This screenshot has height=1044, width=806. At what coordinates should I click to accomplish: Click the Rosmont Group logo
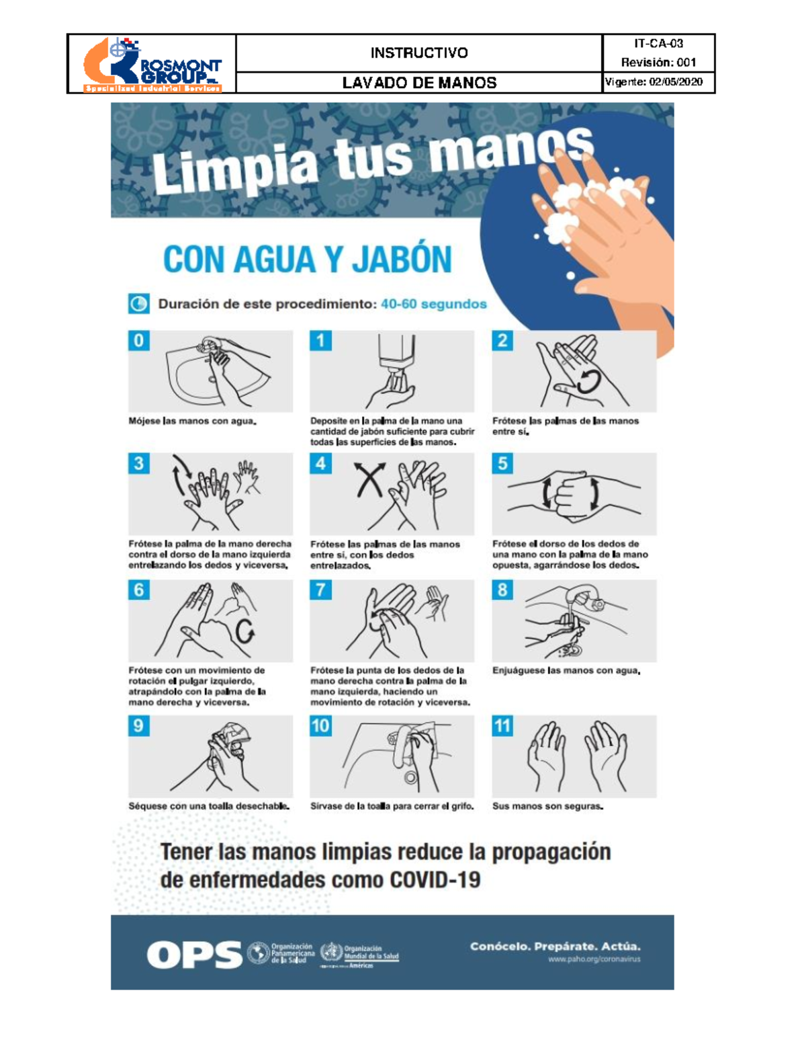(152, 65)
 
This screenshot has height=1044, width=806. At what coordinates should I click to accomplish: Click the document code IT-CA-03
(658, 44)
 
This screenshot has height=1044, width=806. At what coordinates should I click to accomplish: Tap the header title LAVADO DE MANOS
(419, 83)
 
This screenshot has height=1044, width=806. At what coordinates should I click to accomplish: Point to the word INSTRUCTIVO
(419, 52)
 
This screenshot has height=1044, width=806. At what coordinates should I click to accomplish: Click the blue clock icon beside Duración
(139, 304)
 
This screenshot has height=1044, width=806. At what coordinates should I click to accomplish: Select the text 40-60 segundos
(433, 304)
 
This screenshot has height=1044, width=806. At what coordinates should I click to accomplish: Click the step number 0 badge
(139, 341)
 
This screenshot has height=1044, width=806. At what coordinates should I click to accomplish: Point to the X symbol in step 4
(370, 479)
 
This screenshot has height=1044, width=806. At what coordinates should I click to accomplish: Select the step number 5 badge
(502, 463)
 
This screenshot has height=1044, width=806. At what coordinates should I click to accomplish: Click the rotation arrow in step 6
(245, 631)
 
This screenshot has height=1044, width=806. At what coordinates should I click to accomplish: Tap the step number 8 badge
(502, 590)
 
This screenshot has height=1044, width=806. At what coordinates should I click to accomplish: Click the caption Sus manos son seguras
(547, 806)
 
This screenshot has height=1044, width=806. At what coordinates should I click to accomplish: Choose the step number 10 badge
(320, 726)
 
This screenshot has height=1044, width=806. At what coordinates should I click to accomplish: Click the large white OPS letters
(194, 955)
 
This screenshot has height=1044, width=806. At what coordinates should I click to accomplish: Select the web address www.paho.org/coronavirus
(594, 959)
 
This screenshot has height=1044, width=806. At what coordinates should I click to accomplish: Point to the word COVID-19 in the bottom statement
(435, 880)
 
